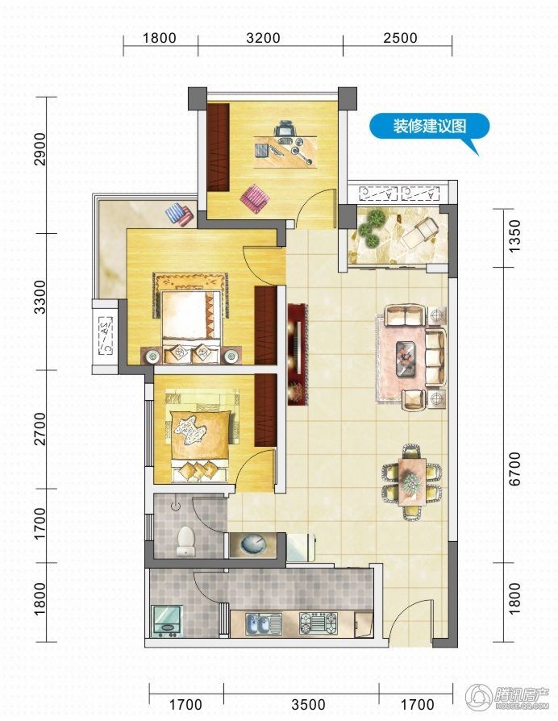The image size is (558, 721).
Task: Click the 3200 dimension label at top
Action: [263, 38]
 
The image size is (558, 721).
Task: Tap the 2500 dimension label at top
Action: [400, 38]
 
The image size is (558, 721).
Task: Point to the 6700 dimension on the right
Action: [515, 469]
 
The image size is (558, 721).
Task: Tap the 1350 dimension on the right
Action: [515, 235]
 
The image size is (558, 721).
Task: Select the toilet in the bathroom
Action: [185, 540]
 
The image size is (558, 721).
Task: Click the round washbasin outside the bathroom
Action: [254, 544]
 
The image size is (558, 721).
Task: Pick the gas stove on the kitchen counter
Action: [318, 623]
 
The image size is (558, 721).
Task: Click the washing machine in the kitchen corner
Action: [167, 621]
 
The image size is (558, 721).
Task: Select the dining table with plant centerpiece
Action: [412, 481]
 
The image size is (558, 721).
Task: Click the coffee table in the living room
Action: [406, 355]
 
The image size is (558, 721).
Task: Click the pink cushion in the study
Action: [255, 198]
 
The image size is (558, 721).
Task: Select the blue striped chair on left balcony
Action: [180, 214]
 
